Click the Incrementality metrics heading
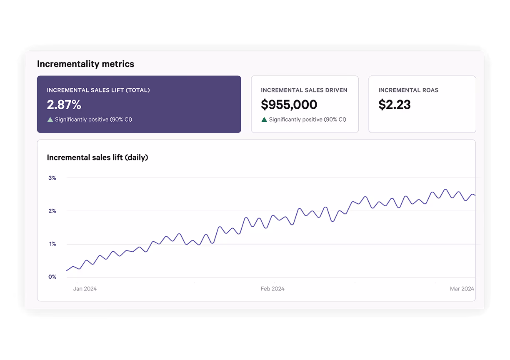tap(85, 64)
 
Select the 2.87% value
tap(64, 105)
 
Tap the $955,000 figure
tap(289, 105)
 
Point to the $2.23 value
tap(394, 105)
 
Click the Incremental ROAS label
tap(408, 90)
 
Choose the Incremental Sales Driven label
tap(304, 90)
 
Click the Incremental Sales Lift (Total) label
tap(98, 90)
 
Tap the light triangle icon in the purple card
tap(50, 120)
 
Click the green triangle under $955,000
tap(264, 120)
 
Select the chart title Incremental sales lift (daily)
tap(97, 157)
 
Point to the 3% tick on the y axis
tap(52, 178)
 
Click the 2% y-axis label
tap(52, 211)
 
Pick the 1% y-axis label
tap(52, 244)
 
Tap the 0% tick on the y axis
tap(52, 277)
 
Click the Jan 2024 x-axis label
tap(85, 289)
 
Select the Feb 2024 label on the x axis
tap(272, 289)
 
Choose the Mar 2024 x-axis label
tap(462, 289)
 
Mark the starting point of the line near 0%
tap(67, 271)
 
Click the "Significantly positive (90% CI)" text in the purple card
tap(93, 120)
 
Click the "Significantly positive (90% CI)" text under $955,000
tap(307, 120)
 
